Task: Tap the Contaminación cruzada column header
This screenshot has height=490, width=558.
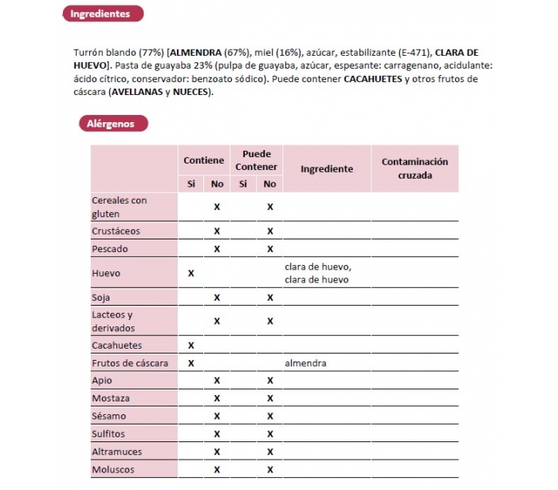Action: pyautogui.click(x=415, y=168)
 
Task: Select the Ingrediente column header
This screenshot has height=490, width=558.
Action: pyautogui.click(x=327, y=168)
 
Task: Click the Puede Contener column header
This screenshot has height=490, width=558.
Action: pyautogui.click(x=256, y=160)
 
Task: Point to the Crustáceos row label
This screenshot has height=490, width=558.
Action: pyautogui.click(x=116, y=231)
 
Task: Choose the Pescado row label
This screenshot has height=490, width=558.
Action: pyautogui.click(x=110, y=248)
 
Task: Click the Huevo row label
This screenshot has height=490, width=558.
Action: pyautogui.click(x=106, y=273)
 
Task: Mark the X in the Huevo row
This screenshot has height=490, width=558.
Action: pyautogui.click(x=191, y=273)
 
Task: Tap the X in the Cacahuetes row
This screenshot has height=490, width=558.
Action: pyautogui.click(x=191, y=346)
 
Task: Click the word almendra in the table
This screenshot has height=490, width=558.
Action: pyautogui.click(x=305, y=363)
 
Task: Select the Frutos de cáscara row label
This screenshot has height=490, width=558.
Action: pyautogui.click(x=130, y=363)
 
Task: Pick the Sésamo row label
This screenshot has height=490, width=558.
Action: pyautogui.click(x=110, y=416)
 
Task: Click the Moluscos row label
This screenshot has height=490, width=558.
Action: pyautogui.click(x=113, y=469)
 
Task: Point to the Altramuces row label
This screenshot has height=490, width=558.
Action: pyautogui.click(x=116, y=452)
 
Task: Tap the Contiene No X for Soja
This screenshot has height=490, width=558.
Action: pyautogui.click(x=217, y=298)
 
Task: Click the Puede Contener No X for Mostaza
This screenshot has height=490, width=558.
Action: pyautogui.click(x=269, y=398)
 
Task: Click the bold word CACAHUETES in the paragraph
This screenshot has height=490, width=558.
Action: pyautogui.click(x=373, y=79)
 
